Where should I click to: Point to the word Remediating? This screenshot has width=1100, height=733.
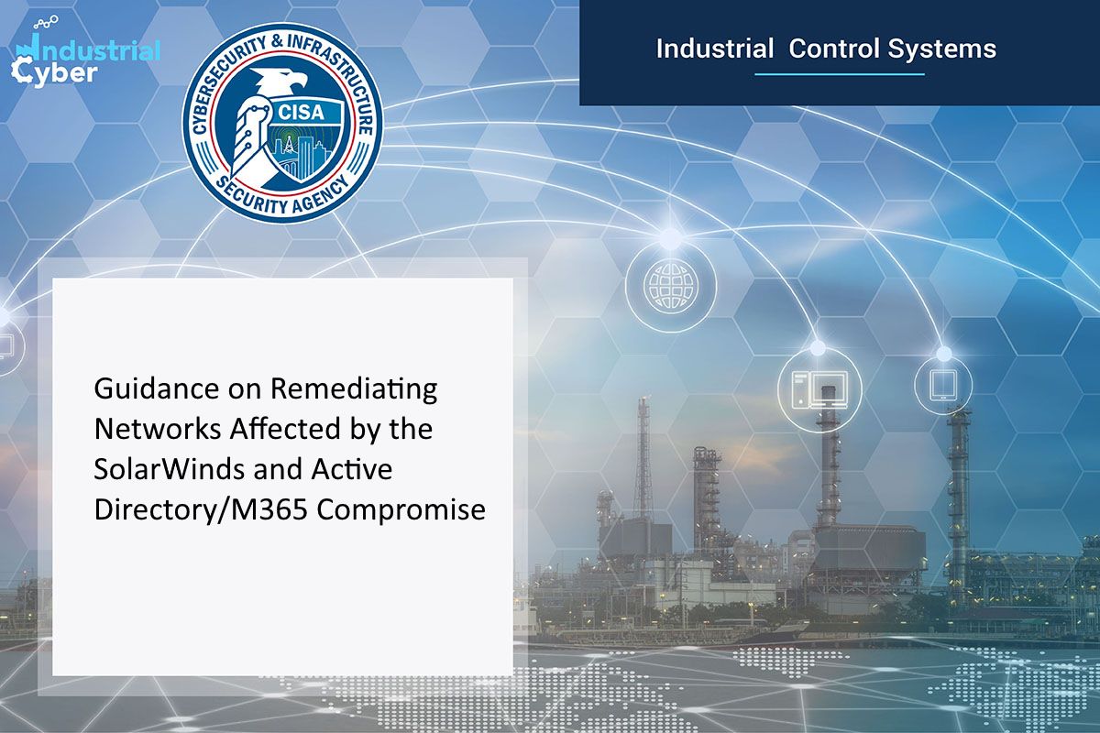[x=353, y=389]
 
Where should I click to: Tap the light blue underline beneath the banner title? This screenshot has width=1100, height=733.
[x=838, y=74]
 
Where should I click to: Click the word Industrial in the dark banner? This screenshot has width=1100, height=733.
[x=714, y=48]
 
